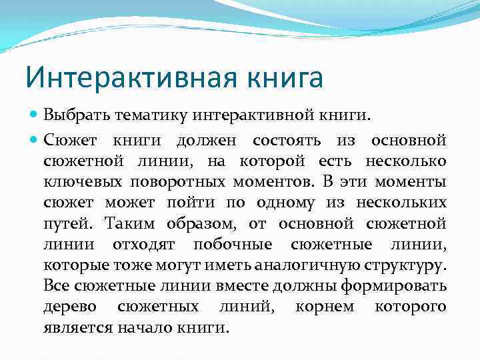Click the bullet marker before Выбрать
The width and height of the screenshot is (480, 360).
coord(35,115)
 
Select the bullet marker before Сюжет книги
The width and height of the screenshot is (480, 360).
coord(35,141)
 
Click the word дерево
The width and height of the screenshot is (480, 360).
coord(69,308)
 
